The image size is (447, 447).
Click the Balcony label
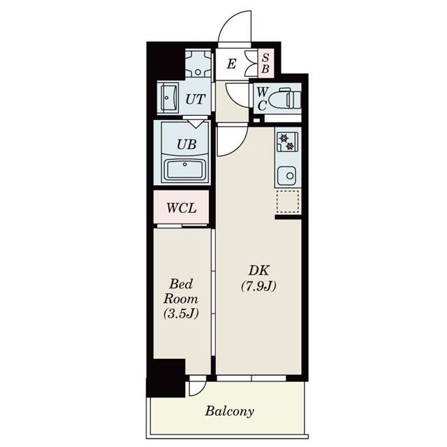click(229, 411)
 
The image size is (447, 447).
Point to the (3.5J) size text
click(182, 313)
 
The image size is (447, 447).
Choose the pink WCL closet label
click(182, 207)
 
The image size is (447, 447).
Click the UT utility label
click(195, 99)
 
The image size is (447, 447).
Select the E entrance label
click(232, 65)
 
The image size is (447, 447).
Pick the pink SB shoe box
click(265, 64)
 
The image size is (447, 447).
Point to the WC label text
click(261, 98)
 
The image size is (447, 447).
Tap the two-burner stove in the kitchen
click(287, 142)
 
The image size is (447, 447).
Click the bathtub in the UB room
click(184, 170)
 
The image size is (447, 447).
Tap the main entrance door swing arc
click(234, 28)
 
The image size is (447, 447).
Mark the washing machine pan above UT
click(199, 65)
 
